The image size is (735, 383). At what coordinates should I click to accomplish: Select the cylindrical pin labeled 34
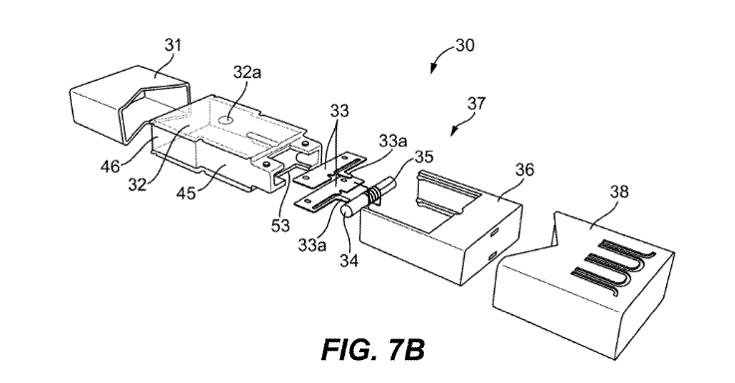coord(349,210)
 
